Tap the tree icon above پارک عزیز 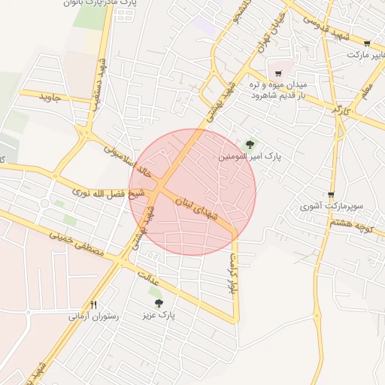[158, 303]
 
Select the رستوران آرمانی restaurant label [95, 317]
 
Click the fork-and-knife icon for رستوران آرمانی [94, 305]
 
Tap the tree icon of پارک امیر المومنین [250, 144]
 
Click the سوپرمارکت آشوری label [332, 205]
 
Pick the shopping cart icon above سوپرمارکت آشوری [331, 194]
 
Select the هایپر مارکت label [365, 55]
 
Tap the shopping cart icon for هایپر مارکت [367, 43]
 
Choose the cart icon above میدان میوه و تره [279, 73]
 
